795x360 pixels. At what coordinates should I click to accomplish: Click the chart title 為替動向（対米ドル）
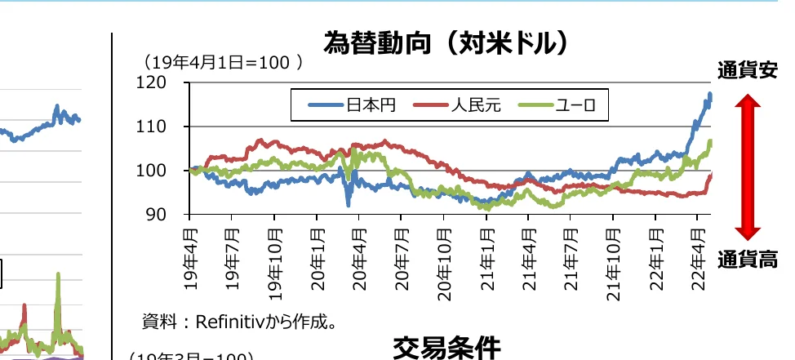tap(445, 42)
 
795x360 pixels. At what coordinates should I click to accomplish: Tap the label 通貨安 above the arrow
tap(747, 71)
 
